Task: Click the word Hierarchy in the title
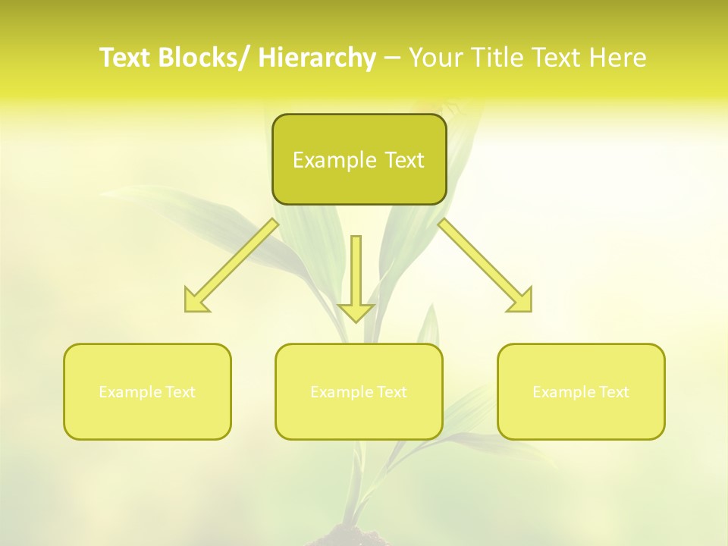click(x=316, y=58)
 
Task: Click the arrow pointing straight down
click(x=356, y=277)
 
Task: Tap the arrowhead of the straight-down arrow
click(x=356, y=312)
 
